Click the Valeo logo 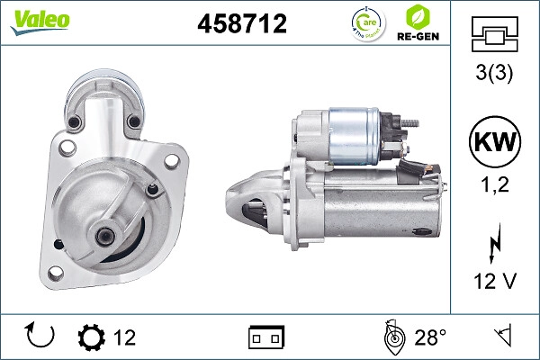(40, 22)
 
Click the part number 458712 (242, 23)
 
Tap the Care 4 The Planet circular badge (368, 23)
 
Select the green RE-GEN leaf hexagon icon (418, 17)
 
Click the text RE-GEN (418, 37)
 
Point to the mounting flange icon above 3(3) (494, 34)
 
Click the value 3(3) (494, 73)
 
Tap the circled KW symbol (495, 141)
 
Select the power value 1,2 (495, 184)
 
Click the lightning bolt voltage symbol (495, 243)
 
